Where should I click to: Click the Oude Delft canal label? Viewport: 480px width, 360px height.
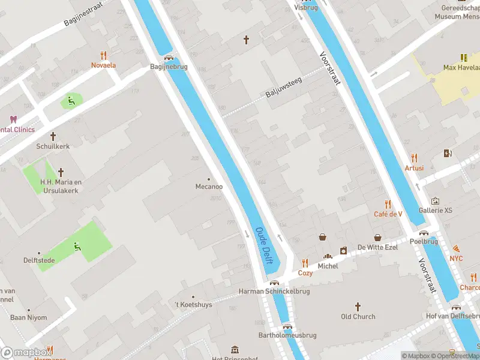click(x=265, y=245)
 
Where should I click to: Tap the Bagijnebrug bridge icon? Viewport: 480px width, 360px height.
click(x=169, y=58)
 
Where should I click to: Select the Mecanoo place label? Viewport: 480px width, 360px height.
click(x=209, y=187)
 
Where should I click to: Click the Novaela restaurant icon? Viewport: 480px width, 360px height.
click(x=103, y=55)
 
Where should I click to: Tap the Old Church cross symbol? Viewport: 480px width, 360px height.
click(x=358, y=307)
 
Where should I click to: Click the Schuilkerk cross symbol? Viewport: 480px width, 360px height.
click(x=53, y=136)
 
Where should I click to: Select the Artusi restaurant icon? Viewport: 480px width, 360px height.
click(x=414, y=158)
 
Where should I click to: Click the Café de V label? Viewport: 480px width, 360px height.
click(x=388, y=214)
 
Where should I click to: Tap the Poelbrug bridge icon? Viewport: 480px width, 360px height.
click(x=424, y=233)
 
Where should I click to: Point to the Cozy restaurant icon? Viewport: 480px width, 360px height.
click(x=305, y=263)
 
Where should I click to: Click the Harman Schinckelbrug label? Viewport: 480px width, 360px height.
click(x=274, y=292)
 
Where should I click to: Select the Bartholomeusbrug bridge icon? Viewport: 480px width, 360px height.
click(x=287, y=327)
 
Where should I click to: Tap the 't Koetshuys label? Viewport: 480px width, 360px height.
click(x=193, y=305)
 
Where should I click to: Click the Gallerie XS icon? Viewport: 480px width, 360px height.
click(x=436, y=201)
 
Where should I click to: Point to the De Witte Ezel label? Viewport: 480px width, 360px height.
click(x=378, y=247)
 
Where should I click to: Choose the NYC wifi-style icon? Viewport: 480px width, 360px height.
click(x=457, y=248)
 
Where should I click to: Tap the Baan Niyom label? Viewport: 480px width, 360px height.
click(x=28, y=317)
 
